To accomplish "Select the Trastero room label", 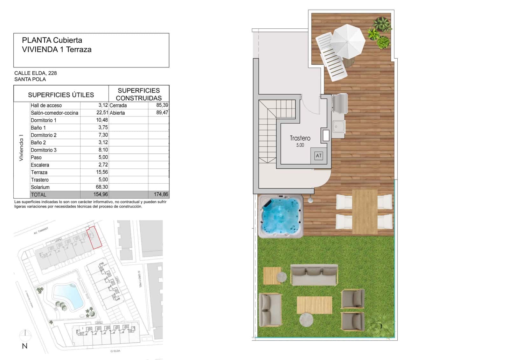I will click(x=300, y=138).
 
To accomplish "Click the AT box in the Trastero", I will click(x=318, y=156).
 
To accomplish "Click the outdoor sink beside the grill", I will click(x=338, y=127).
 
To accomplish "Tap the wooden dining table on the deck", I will click(x=365, y=211).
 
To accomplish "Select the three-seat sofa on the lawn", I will click(x=314, y=274).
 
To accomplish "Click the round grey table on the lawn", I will click(x=306, y=319).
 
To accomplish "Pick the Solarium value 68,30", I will click(x=102, y=187).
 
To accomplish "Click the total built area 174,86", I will click(x=161, y=194).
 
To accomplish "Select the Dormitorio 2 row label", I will click(x=44, y=135).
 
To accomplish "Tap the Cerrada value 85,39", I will click(x=162, y=105).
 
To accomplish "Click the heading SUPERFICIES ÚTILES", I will click(x=61, y=95).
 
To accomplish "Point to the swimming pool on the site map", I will click(x=68, y=296).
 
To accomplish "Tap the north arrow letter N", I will click(x=24, y=346).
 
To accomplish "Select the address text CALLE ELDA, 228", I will click(x=36, y=73).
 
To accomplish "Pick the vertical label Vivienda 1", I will click(x=21, y=148).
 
